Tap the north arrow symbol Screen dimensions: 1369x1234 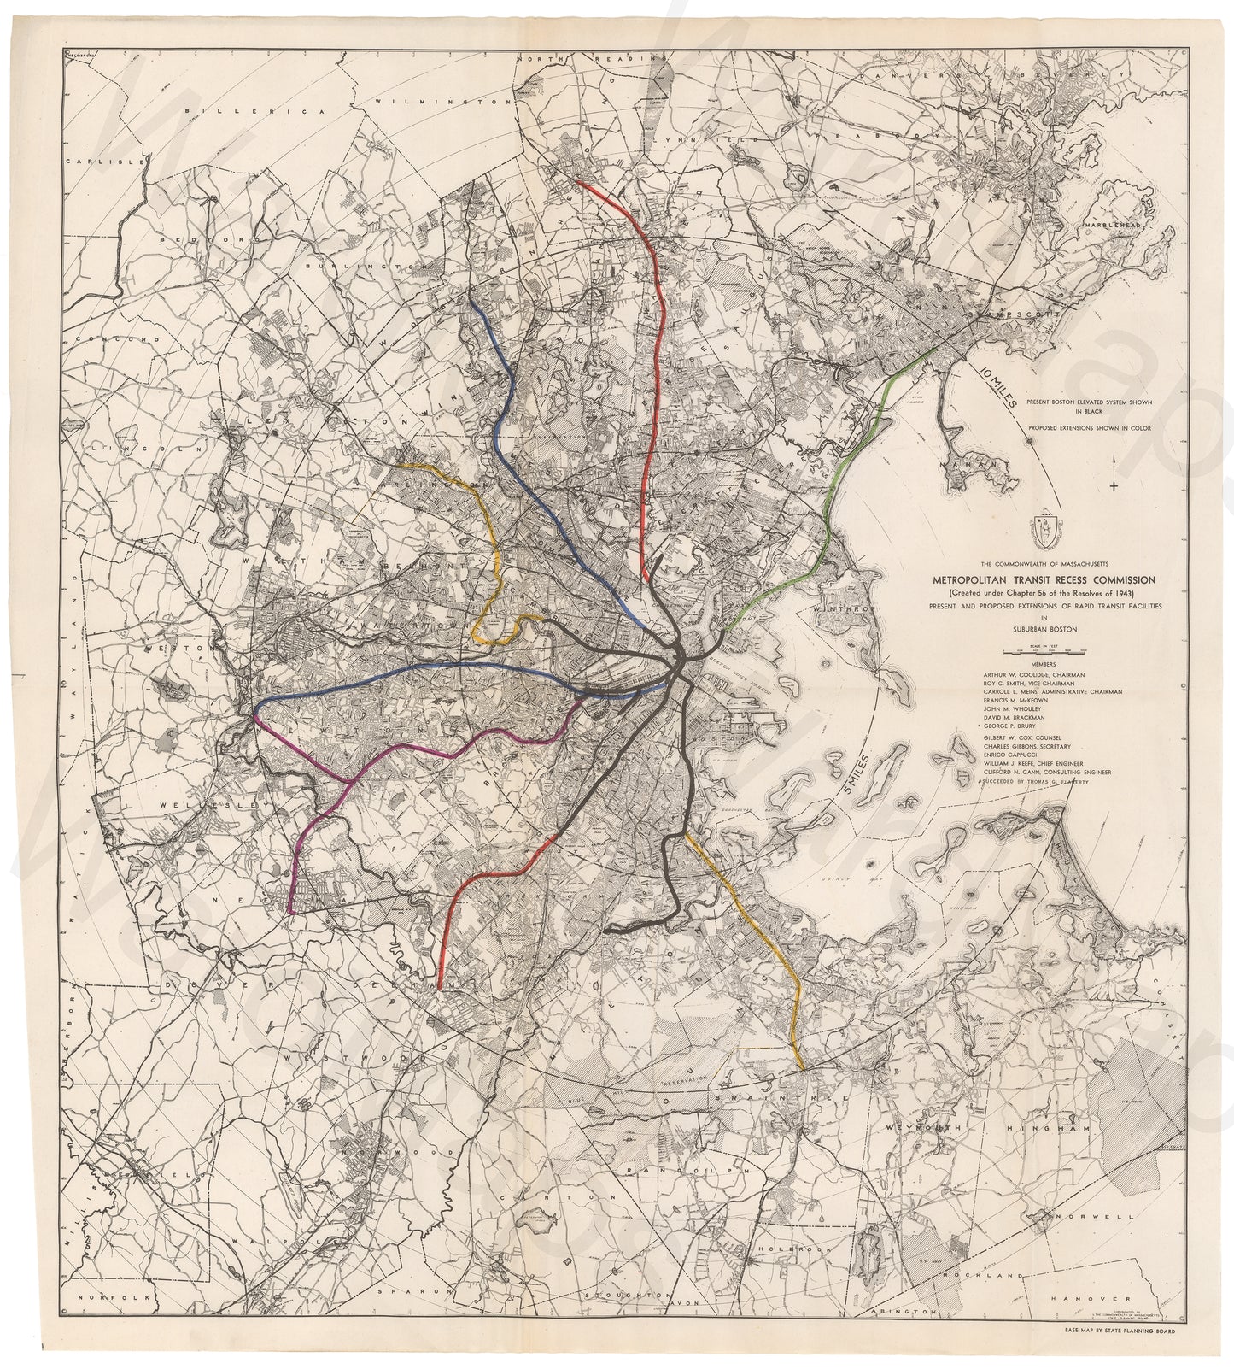(1114, 473)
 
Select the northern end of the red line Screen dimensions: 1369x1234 (576, 181)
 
